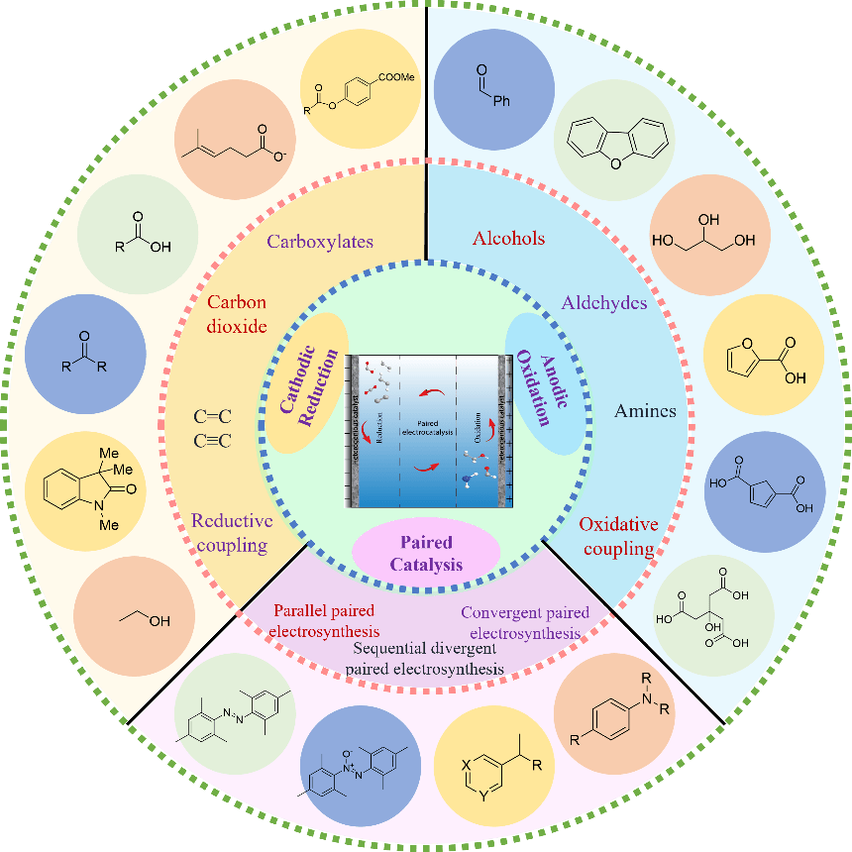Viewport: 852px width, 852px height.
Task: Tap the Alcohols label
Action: pos(508,239)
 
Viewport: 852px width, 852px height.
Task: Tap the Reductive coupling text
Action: pos(230,532)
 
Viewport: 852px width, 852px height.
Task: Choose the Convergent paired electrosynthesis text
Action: pos(525,621)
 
